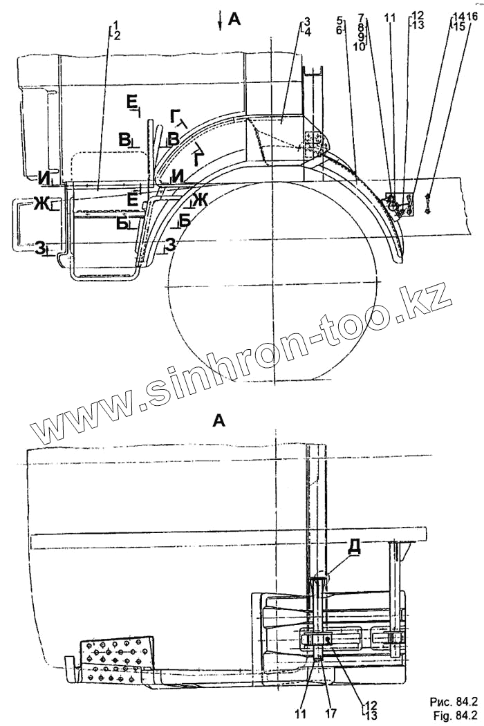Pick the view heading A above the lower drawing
tap(219, 420)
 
